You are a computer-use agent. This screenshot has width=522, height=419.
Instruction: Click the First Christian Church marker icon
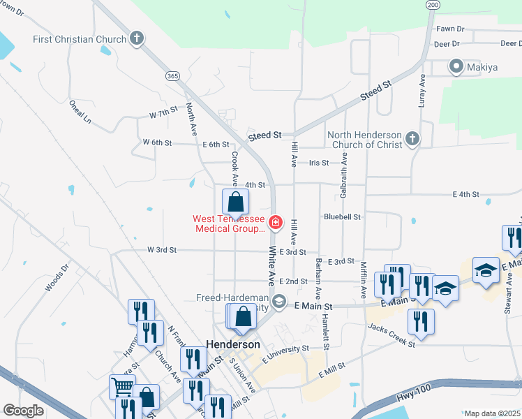(x=137, y=39)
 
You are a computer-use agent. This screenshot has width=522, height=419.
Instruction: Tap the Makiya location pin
(x=456, y=67)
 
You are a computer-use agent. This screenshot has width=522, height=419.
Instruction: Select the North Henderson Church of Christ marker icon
(x=412, y=139)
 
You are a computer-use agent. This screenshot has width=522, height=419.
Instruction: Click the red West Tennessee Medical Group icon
(x=276, y=223)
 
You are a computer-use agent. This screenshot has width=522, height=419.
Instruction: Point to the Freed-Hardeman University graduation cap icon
(x=279, y=302)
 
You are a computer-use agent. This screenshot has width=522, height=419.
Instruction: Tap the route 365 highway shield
(x=171, y=75)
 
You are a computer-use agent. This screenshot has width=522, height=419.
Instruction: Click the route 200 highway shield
(x=433, y=4)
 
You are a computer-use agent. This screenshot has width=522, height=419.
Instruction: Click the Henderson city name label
(x=233, y=345)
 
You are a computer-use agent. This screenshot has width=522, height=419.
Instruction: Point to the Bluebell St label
(x=342, y=217)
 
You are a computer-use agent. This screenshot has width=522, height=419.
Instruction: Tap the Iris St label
(x=319, y=163)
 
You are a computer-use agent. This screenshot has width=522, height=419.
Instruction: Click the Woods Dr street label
(x=58, y=277)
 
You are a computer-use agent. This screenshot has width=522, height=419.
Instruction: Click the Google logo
(x=23, y=411)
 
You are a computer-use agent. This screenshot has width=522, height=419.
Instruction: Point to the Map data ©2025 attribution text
(x=491, y=413)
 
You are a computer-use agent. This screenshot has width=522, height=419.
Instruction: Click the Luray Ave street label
(x=422, y=91)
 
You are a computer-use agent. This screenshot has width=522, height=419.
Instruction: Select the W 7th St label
(x=164, y=113)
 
